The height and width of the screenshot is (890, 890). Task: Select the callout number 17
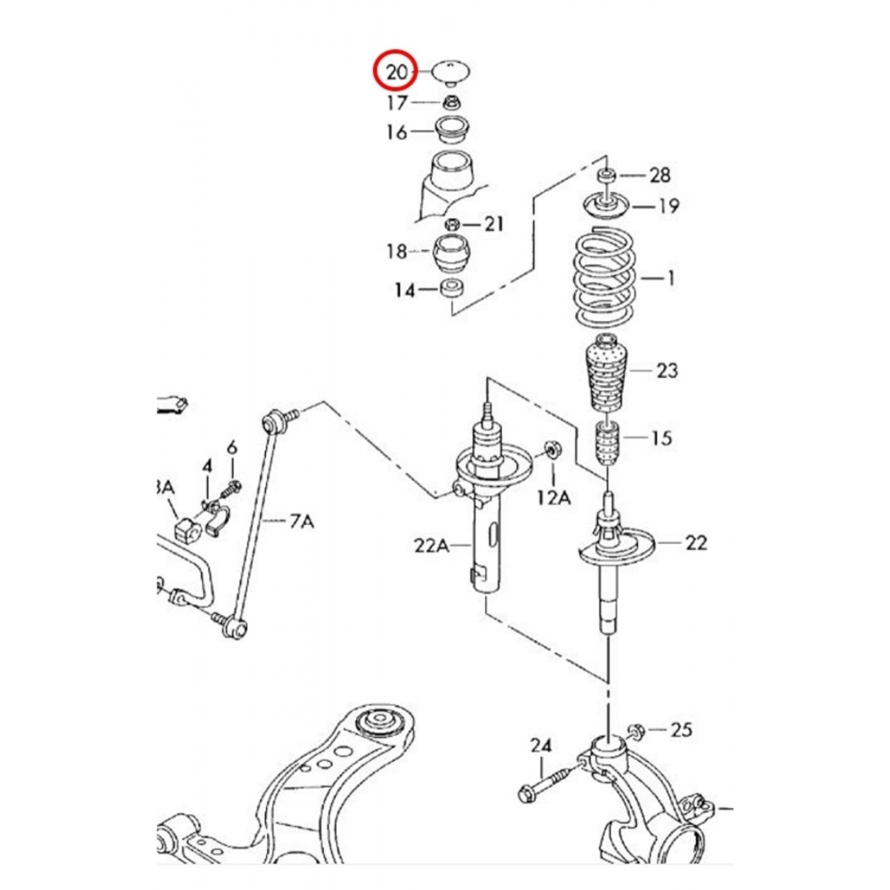[397, 102]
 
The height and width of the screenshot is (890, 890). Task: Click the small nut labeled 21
[453, 222]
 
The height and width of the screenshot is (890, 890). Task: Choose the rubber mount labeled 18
[453, 255]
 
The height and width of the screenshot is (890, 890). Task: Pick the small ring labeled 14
[453, 289]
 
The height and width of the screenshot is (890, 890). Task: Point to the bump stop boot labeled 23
[606, 374]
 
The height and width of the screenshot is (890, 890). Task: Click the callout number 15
[661, 438]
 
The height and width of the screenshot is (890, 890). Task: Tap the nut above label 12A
[550, 449]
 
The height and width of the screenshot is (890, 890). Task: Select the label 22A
[431, 545]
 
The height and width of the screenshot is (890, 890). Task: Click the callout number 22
[696, 541]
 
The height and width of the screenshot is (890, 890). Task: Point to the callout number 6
[232, 447]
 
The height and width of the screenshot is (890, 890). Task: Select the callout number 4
[207, 465]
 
